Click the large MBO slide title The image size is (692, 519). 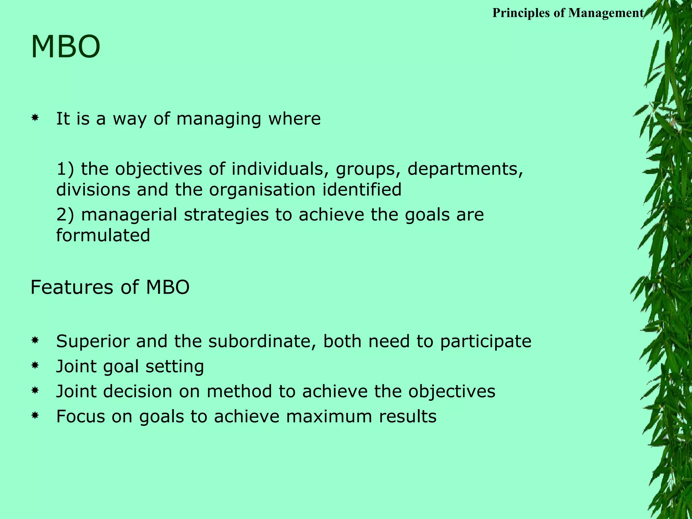66,47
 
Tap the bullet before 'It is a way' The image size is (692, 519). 34,118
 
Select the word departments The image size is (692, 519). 465,169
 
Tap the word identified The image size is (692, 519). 362,189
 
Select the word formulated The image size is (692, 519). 103,235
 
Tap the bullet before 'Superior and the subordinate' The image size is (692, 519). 34,341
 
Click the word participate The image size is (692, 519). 486,342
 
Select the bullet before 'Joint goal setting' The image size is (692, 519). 34,366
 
